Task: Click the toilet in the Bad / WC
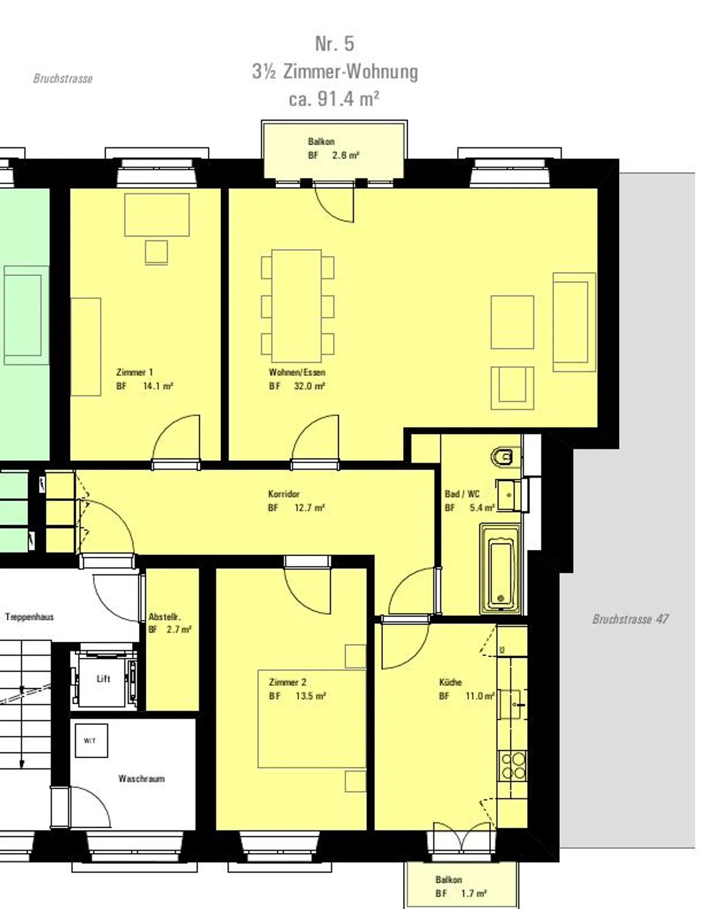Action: (x=502, y=456)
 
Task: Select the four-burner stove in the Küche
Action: (x=512, y=766)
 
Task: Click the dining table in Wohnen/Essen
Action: (x=297, y=305)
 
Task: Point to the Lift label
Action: (x=103, y=679)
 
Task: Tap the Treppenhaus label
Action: (x=29, y=617)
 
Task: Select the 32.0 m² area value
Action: (x=309, y=386)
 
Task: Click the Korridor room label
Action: (x=284, y=494)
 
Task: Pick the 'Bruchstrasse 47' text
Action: (x=630, y=619)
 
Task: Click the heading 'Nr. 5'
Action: (x=335, y=43)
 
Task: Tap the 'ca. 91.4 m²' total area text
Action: (x=334, y=99)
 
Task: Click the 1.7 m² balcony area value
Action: (x=474, y=893)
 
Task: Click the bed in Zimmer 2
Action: (x=312, y=718)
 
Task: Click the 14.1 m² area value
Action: (x=158, y=386)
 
